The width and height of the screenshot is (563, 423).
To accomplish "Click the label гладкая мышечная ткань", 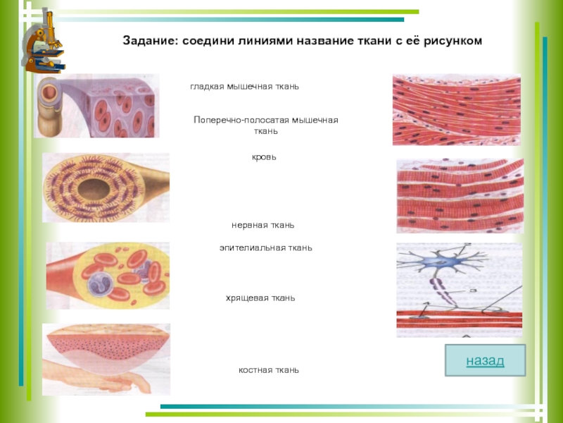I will point(244,86).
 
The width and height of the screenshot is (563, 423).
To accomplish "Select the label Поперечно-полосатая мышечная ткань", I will point(266,125).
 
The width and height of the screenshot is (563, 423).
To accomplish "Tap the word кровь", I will point(265,157).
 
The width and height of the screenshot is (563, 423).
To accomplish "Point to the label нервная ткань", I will point(262,225).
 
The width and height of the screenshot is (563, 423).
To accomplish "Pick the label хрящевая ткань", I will point(260,298).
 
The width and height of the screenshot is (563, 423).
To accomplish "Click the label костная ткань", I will point(268,369).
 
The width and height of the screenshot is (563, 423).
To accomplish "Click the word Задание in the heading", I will point(150,42).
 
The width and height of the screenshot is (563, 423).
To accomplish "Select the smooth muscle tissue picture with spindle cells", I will point(456,109).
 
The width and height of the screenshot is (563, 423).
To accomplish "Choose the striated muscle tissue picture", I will point(460,196).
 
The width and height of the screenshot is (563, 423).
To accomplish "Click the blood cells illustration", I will point(107,276).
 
